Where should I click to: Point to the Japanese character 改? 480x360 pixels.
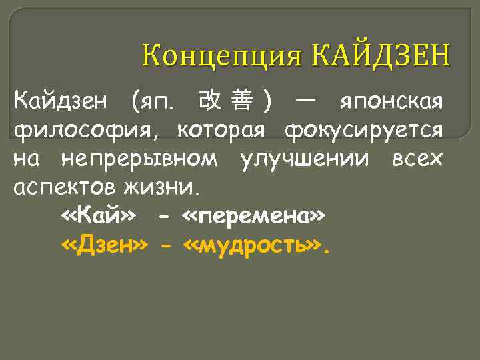pyautogui.click(x=211, y=101)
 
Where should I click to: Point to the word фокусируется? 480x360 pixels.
pyautogui.click(x=363, y=131)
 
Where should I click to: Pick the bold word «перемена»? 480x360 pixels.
pyautogui.click(x=254, y=217)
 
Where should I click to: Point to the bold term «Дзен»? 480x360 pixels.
pyautogui.click(x=104, y=246)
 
